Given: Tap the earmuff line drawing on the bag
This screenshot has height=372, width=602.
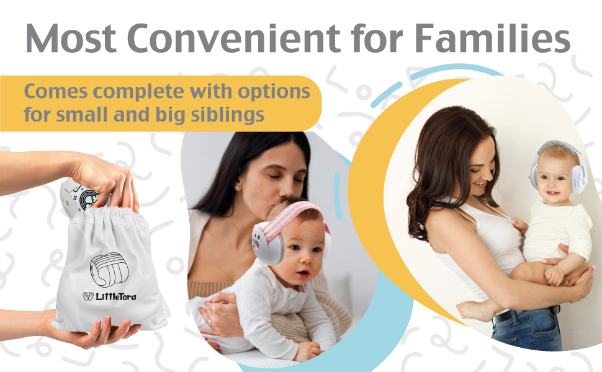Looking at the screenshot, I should pyautogui.click(x=108, y=270).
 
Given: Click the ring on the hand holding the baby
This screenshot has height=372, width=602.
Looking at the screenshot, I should pyautogui.click(x=209, y=323).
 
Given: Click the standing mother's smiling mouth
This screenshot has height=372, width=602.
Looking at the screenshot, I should pyautogui.click(x=481, y=184).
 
